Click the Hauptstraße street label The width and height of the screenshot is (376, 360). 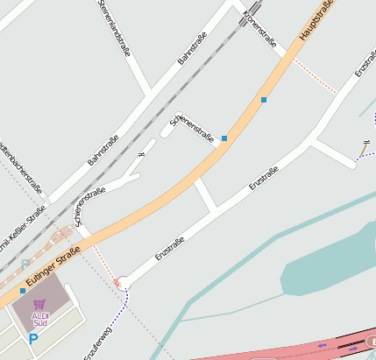317,22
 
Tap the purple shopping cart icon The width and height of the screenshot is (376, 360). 39,304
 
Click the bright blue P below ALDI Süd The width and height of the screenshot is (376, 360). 33,339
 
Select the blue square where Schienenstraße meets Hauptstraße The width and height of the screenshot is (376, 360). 224,138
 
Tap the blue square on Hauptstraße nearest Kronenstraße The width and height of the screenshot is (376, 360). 263,100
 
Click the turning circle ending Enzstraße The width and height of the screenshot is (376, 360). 124,282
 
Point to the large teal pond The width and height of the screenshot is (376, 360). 324,263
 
